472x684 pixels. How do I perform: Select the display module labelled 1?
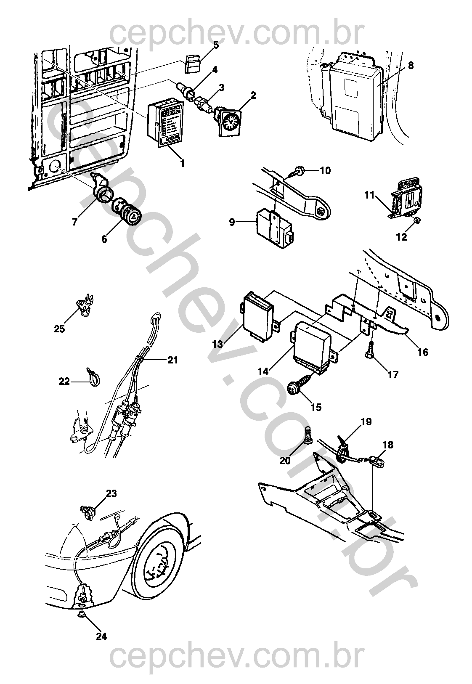166,122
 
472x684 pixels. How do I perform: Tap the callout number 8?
411,66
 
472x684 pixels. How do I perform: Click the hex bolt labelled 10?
298,171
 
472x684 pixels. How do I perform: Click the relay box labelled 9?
273,228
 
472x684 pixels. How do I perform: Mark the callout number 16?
423,352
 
